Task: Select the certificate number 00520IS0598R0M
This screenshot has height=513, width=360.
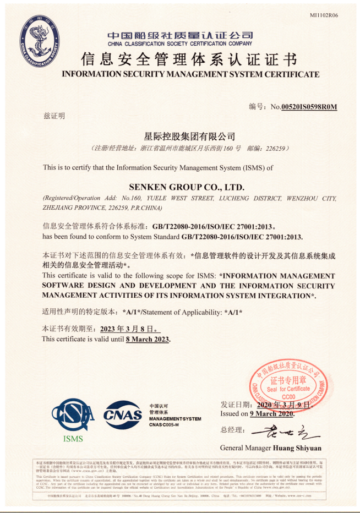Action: coord(309,107)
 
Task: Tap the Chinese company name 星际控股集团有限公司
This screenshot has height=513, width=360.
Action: coord(189,136)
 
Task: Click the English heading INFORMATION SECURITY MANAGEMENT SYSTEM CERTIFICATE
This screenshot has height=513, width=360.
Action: coord(190,74)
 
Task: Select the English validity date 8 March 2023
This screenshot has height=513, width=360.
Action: coord(147,339)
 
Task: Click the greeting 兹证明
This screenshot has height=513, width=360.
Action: coord(53,116)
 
